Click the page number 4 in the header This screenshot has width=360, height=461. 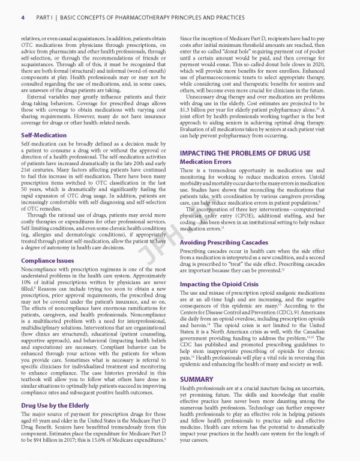[22, 18]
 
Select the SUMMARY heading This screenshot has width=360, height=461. [197, 379]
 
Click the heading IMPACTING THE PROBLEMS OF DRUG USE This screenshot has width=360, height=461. [245, 154]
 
